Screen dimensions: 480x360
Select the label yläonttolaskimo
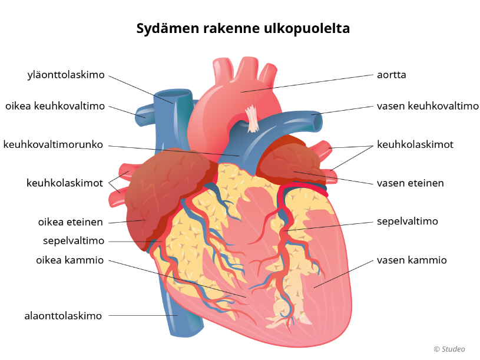[x=66, y=75]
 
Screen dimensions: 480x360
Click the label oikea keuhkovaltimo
[x=55, y=106]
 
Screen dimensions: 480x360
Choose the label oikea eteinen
[x=71, y=222]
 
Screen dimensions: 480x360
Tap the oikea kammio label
[x=69, y=260]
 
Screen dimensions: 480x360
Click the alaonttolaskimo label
[x=63, y=316]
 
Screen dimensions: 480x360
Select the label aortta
[x=392, y=75]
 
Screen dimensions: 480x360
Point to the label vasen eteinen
[x=411, y=183]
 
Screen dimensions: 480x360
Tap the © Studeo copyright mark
[x=449, y=349]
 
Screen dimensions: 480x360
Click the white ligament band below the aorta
[x=253, y=118]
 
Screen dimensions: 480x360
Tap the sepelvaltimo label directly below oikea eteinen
[x=74, y=241]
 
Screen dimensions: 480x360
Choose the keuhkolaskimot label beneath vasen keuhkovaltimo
[x=415, y=144]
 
